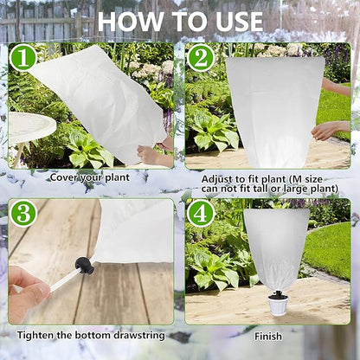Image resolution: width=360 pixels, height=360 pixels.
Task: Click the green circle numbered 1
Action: (23, 59)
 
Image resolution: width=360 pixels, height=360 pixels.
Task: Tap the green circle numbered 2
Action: (201, 59)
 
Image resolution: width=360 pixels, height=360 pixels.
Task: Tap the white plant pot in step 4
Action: (278, 304)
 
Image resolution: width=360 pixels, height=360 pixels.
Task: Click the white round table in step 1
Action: (30, 127)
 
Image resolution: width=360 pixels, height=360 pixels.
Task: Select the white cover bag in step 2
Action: (274, 108)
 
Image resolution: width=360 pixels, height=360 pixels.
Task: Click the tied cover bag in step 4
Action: (275, 247)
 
